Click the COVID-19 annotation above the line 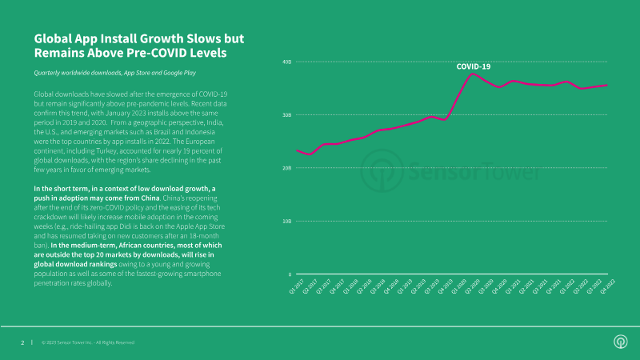pyautogui.click(x=474, y=66)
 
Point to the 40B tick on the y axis pyautogui.click(x=286, y=62)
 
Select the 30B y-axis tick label pyautogui.click(x=286, y=115)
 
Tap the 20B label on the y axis pyautogui.click(x=286, y=168)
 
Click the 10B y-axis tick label pyautogui.click(x=286, y=222)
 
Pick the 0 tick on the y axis pyautogui.click(x=289, y=274)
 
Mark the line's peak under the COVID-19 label pyautogui.click(x=473, y=74)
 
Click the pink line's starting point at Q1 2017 pyautogui.click(x=297, y=150)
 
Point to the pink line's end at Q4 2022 pyautogui.click(x=607, y=85)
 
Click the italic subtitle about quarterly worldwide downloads pyautogui.click(x=115, y=73)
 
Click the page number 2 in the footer pyautogui.click(x=22, y=342)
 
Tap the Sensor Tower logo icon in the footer pyautogui.click(x=619, y=342)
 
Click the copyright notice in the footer pyautogui.click(x=88, y=342)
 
